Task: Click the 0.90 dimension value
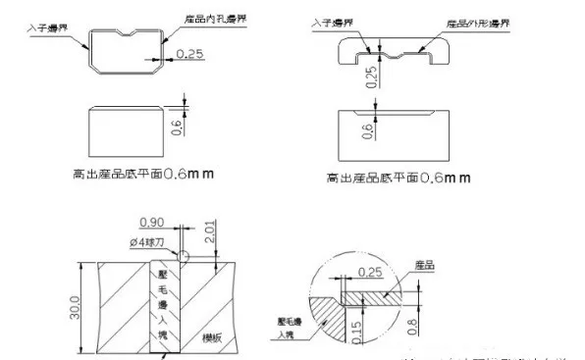(x=151, y=221)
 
